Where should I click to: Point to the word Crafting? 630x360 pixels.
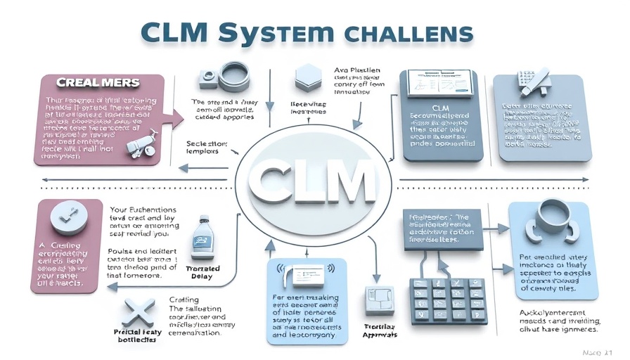click(x=184, y=300)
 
